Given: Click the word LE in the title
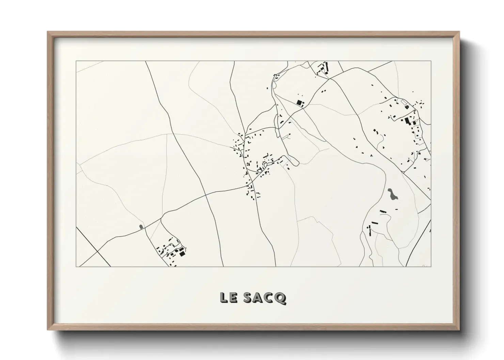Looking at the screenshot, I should point(228,298).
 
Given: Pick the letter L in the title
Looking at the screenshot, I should point(224,298).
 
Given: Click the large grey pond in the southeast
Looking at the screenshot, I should point(393,195).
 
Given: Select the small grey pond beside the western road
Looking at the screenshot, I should point(141,226).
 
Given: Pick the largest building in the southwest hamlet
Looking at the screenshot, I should point(182,253).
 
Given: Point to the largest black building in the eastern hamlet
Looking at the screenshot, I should point(407,120).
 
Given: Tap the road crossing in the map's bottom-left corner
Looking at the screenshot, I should point(97,252).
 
